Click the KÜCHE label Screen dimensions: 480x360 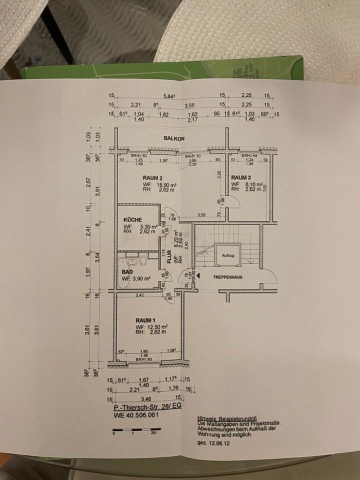click(x=132, y=219)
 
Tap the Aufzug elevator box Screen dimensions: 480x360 click(x=228, y=255)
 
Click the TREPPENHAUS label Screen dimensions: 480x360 click(x=227, y=276)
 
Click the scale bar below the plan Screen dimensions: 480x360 click(x=136, y=429)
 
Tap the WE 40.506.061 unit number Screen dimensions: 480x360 click(x=136, y=415)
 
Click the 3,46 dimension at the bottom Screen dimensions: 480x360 click(x=146, y=399)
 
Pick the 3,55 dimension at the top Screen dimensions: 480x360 click(x=189, y=105)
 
